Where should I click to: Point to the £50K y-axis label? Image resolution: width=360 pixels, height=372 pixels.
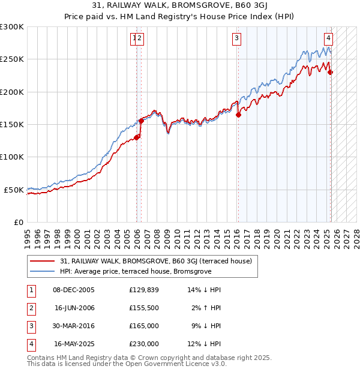14,190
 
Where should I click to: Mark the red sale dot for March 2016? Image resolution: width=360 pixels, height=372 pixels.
238,115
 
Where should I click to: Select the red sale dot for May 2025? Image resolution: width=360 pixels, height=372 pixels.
331,73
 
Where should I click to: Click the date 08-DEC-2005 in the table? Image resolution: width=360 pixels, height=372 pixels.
74,290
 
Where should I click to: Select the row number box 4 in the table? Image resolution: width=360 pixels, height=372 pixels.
30,344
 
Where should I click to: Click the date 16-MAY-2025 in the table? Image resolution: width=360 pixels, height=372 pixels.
74,344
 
